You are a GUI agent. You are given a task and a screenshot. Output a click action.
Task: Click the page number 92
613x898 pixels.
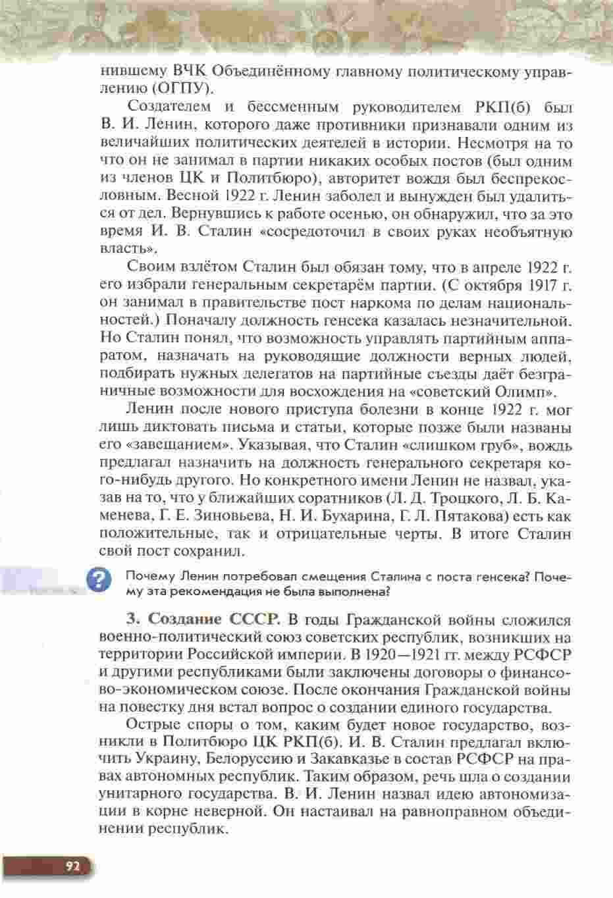click(x=72, y=866)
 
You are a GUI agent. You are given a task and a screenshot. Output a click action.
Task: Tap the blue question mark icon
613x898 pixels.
click(x=98, y=580)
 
